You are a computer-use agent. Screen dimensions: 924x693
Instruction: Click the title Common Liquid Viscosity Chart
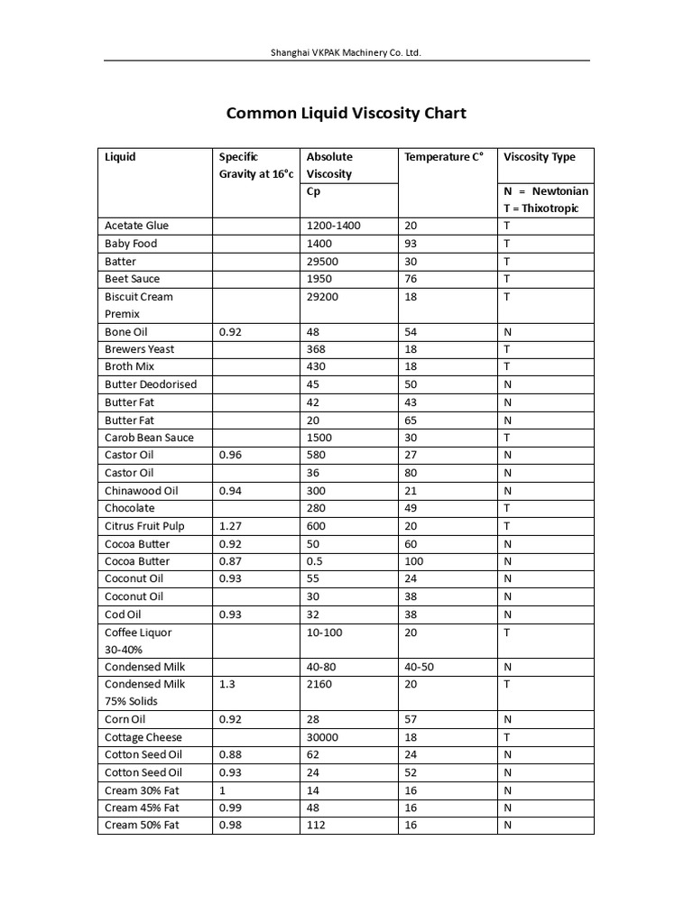346,113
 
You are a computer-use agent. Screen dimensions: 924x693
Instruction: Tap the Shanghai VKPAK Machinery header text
346,53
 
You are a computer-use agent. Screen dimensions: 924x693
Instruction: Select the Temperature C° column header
444,157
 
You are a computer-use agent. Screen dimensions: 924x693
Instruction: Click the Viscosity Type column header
539,157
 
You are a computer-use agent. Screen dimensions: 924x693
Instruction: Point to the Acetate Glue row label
136,226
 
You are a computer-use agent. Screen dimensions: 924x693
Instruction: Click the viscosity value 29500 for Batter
323,261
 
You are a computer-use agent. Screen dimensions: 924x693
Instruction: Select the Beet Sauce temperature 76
411,279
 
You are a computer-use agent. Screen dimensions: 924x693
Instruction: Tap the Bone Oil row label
125,332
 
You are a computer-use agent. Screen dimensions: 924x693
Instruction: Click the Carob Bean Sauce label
149,438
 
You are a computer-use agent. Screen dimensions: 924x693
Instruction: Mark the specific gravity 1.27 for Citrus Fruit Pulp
230,526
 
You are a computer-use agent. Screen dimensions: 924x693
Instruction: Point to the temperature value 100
414,561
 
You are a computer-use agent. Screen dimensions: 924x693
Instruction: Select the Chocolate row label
129,508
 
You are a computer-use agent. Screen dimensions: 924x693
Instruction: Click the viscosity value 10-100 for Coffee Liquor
325,633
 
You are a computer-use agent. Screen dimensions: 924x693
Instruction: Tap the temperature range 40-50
419,667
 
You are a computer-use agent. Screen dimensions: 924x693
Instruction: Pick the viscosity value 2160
319,684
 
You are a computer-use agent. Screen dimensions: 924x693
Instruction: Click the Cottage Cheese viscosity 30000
323,737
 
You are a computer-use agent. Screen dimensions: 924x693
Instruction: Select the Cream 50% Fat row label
142,825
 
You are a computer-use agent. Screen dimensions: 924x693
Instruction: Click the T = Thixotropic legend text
541,208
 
